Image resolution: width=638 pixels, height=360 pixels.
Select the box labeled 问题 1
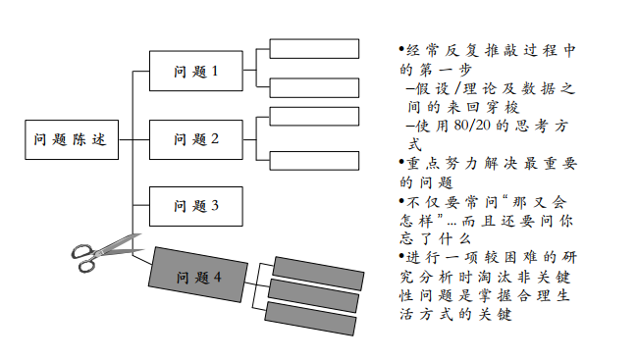coord(195,71)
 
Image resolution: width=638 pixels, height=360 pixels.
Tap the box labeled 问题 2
coord(195,139)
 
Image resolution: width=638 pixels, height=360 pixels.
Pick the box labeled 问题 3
coord(195,206)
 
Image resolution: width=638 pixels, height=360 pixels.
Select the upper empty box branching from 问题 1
coord(314,49)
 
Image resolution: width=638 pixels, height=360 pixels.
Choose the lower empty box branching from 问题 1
coord(314,87)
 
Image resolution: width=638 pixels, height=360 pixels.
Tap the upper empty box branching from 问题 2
coord(314,117)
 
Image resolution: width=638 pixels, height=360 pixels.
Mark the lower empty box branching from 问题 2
coord(314,161)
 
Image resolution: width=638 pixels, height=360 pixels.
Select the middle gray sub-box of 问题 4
coord(313,289)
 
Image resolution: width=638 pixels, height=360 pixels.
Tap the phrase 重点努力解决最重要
coord(491,164)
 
